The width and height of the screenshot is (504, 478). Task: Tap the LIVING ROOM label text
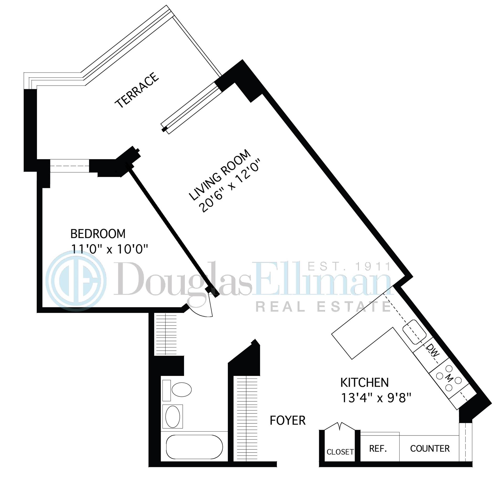click(220, 175)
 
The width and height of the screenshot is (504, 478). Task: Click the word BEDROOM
click(98, 234)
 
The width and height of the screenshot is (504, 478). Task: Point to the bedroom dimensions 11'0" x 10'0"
click(109, 249)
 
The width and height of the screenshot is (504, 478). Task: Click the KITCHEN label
click(364, 382)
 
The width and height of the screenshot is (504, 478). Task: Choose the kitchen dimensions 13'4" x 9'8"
click(376, 398)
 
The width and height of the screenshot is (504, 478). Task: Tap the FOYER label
click(287, 421)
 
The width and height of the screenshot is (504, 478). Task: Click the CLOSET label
click(340, 452)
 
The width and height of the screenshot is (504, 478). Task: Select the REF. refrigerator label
click(378, 449)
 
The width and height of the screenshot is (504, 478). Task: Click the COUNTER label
click(430, 449)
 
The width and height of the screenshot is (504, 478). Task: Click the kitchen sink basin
click(414, 332)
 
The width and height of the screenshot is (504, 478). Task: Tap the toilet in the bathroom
click(181, 389)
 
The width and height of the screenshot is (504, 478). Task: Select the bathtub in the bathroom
click(194, 447)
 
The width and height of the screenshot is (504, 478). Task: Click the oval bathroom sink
click(173, 417)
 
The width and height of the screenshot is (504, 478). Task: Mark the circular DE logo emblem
click(76, 281)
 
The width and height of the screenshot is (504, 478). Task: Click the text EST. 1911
click(349, 267)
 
